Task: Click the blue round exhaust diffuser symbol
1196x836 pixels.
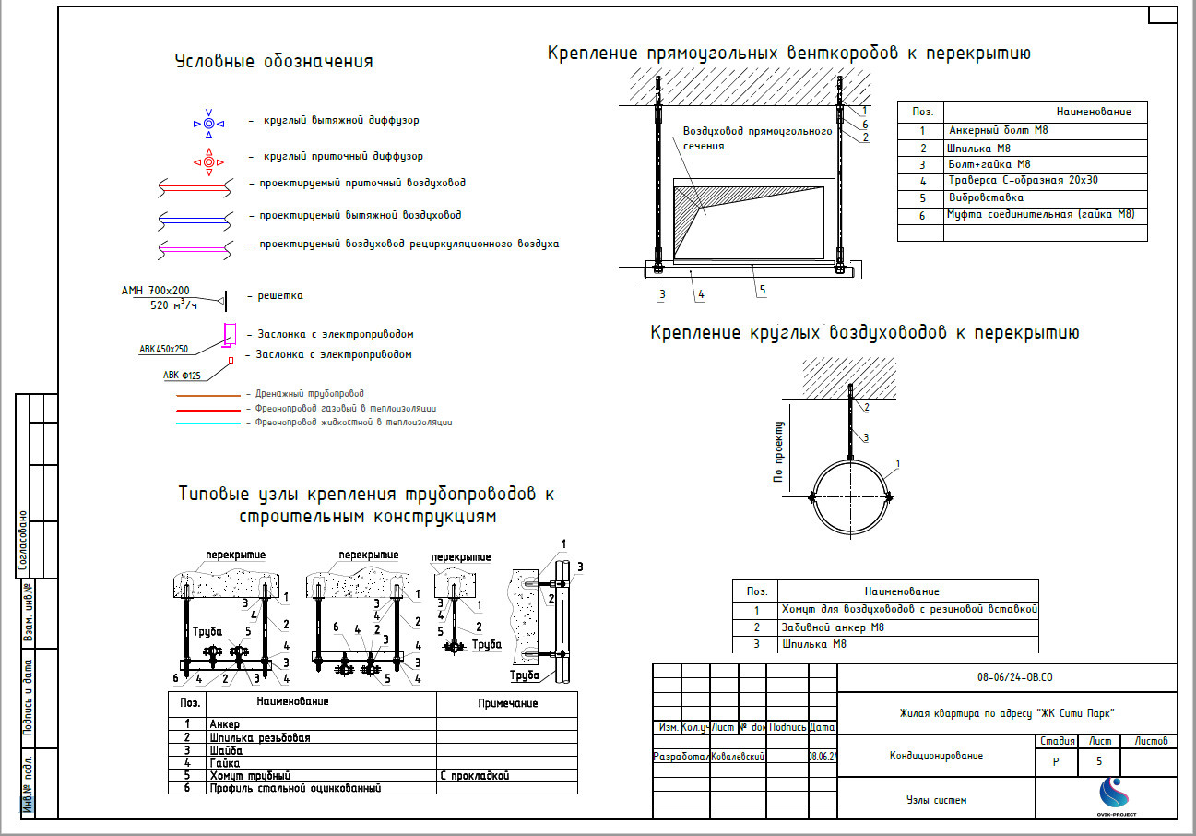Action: click(209, 123)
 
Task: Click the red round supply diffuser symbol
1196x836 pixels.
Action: click(209, 163)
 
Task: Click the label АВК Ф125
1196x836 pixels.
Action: click(182, 375)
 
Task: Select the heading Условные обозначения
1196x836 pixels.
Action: click(274, 62)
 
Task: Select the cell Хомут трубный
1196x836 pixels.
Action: click(250, 776)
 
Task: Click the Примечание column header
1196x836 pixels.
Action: click(507, 703)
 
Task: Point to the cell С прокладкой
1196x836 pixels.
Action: click(475, 776)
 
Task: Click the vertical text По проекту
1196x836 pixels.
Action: click(779, 453)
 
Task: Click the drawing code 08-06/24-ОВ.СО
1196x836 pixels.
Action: click(1014, 678)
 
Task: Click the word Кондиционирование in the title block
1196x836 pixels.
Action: click(936, 757)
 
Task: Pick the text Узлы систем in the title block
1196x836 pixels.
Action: click(936, 800)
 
